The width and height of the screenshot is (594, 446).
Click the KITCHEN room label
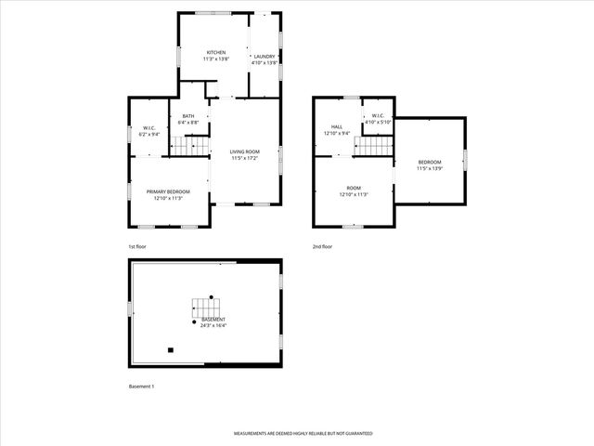tap(215, 52)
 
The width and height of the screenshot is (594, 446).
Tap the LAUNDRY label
tap(265, 57)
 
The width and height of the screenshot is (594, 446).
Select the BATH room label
tap(188, 116)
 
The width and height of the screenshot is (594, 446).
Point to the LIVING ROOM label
tap(244, 151)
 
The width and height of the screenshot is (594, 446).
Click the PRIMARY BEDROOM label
tap(168, 191)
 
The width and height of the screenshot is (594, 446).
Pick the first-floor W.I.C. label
tap(148, 128)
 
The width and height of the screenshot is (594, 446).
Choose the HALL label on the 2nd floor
tap(337, 127)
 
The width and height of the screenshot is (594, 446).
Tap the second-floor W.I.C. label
tap(379, 116)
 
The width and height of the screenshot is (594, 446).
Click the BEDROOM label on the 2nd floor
tap(429, 162)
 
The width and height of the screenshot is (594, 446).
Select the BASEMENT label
tap(213, 320)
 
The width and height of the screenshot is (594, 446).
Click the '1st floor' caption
tap(137, 246)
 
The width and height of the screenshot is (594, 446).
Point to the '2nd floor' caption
tap(323, 246)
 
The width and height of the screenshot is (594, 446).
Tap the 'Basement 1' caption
tap(141, 386)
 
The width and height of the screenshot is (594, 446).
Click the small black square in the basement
tap(170, 350)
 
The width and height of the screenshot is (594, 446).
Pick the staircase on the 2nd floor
tap(375, 145)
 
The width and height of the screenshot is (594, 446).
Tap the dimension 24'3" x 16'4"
tap(213, 325)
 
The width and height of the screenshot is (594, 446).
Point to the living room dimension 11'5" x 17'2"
tap(244, 157)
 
